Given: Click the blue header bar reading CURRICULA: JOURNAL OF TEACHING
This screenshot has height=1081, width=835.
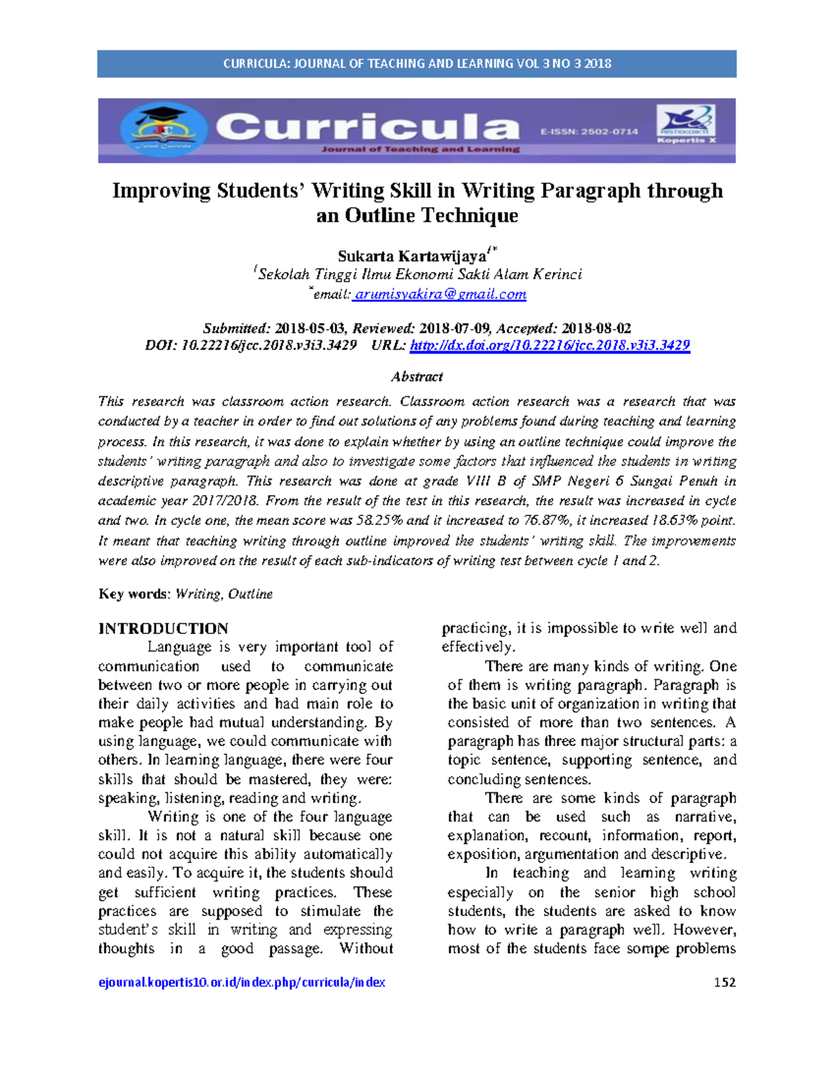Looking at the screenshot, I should [416, 63].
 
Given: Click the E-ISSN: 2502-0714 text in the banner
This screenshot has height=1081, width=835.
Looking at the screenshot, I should [589, 131].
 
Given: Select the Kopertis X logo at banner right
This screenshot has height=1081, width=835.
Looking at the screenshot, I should [686, 124].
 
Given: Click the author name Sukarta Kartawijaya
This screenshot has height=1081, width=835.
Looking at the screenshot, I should [412, 256].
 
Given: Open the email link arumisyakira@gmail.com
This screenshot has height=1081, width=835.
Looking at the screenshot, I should [440, 294].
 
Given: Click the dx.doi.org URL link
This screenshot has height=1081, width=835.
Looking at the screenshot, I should [550, 345].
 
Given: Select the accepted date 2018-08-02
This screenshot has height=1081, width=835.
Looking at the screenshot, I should [596, 329].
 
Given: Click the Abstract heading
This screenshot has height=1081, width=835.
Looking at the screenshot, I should [417, 377].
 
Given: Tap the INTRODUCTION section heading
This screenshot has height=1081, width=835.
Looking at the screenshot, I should [163, 629].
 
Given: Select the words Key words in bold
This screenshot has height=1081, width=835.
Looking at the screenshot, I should [133, 594].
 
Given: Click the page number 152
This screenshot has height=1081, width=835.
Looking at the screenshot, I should [724, 982].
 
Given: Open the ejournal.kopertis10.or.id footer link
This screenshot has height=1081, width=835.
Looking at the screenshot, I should [241, 982].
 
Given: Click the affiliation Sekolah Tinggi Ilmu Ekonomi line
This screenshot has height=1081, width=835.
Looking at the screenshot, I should [420, 274].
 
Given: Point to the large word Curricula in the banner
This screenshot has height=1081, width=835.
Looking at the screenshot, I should [367, 128].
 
